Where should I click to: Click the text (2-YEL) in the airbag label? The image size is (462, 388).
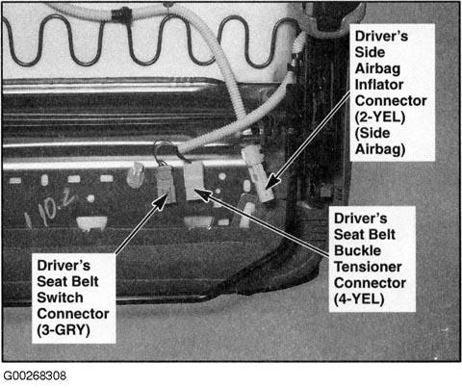point(380,117)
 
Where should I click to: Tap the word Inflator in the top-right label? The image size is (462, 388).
point(379,85)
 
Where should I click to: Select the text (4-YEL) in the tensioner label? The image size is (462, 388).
point(359,299)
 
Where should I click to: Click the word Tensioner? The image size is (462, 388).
point(368,267)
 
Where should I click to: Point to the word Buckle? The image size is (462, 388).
point(357,250)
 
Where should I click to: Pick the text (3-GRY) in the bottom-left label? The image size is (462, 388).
point(64,330)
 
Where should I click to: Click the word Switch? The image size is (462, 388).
point(60,297)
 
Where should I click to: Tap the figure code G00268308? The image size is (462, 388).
point(35,375)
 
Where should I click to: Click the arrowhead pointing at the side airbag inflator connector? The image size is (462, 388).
point(271,183)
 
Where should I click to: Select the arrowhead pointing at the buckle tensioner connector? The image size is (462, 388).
point(201,194)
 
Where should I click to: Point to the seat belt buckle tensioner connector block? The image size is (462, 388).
point(193,180)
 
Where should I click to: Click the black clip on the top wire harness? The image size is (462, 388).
point(120,14)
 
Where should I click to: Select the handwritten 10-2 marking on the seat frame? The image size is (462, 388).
point(50,207)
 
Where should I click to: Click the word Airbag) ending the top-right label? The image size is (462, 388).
point(380,149)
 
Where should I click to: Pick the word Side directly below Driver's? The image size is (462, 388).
point(370,52)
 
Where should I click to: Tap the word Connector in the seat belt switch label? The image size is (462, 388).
point(73,314)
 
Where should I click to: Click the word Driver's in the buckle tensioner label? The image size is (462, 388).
point(360,219)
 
